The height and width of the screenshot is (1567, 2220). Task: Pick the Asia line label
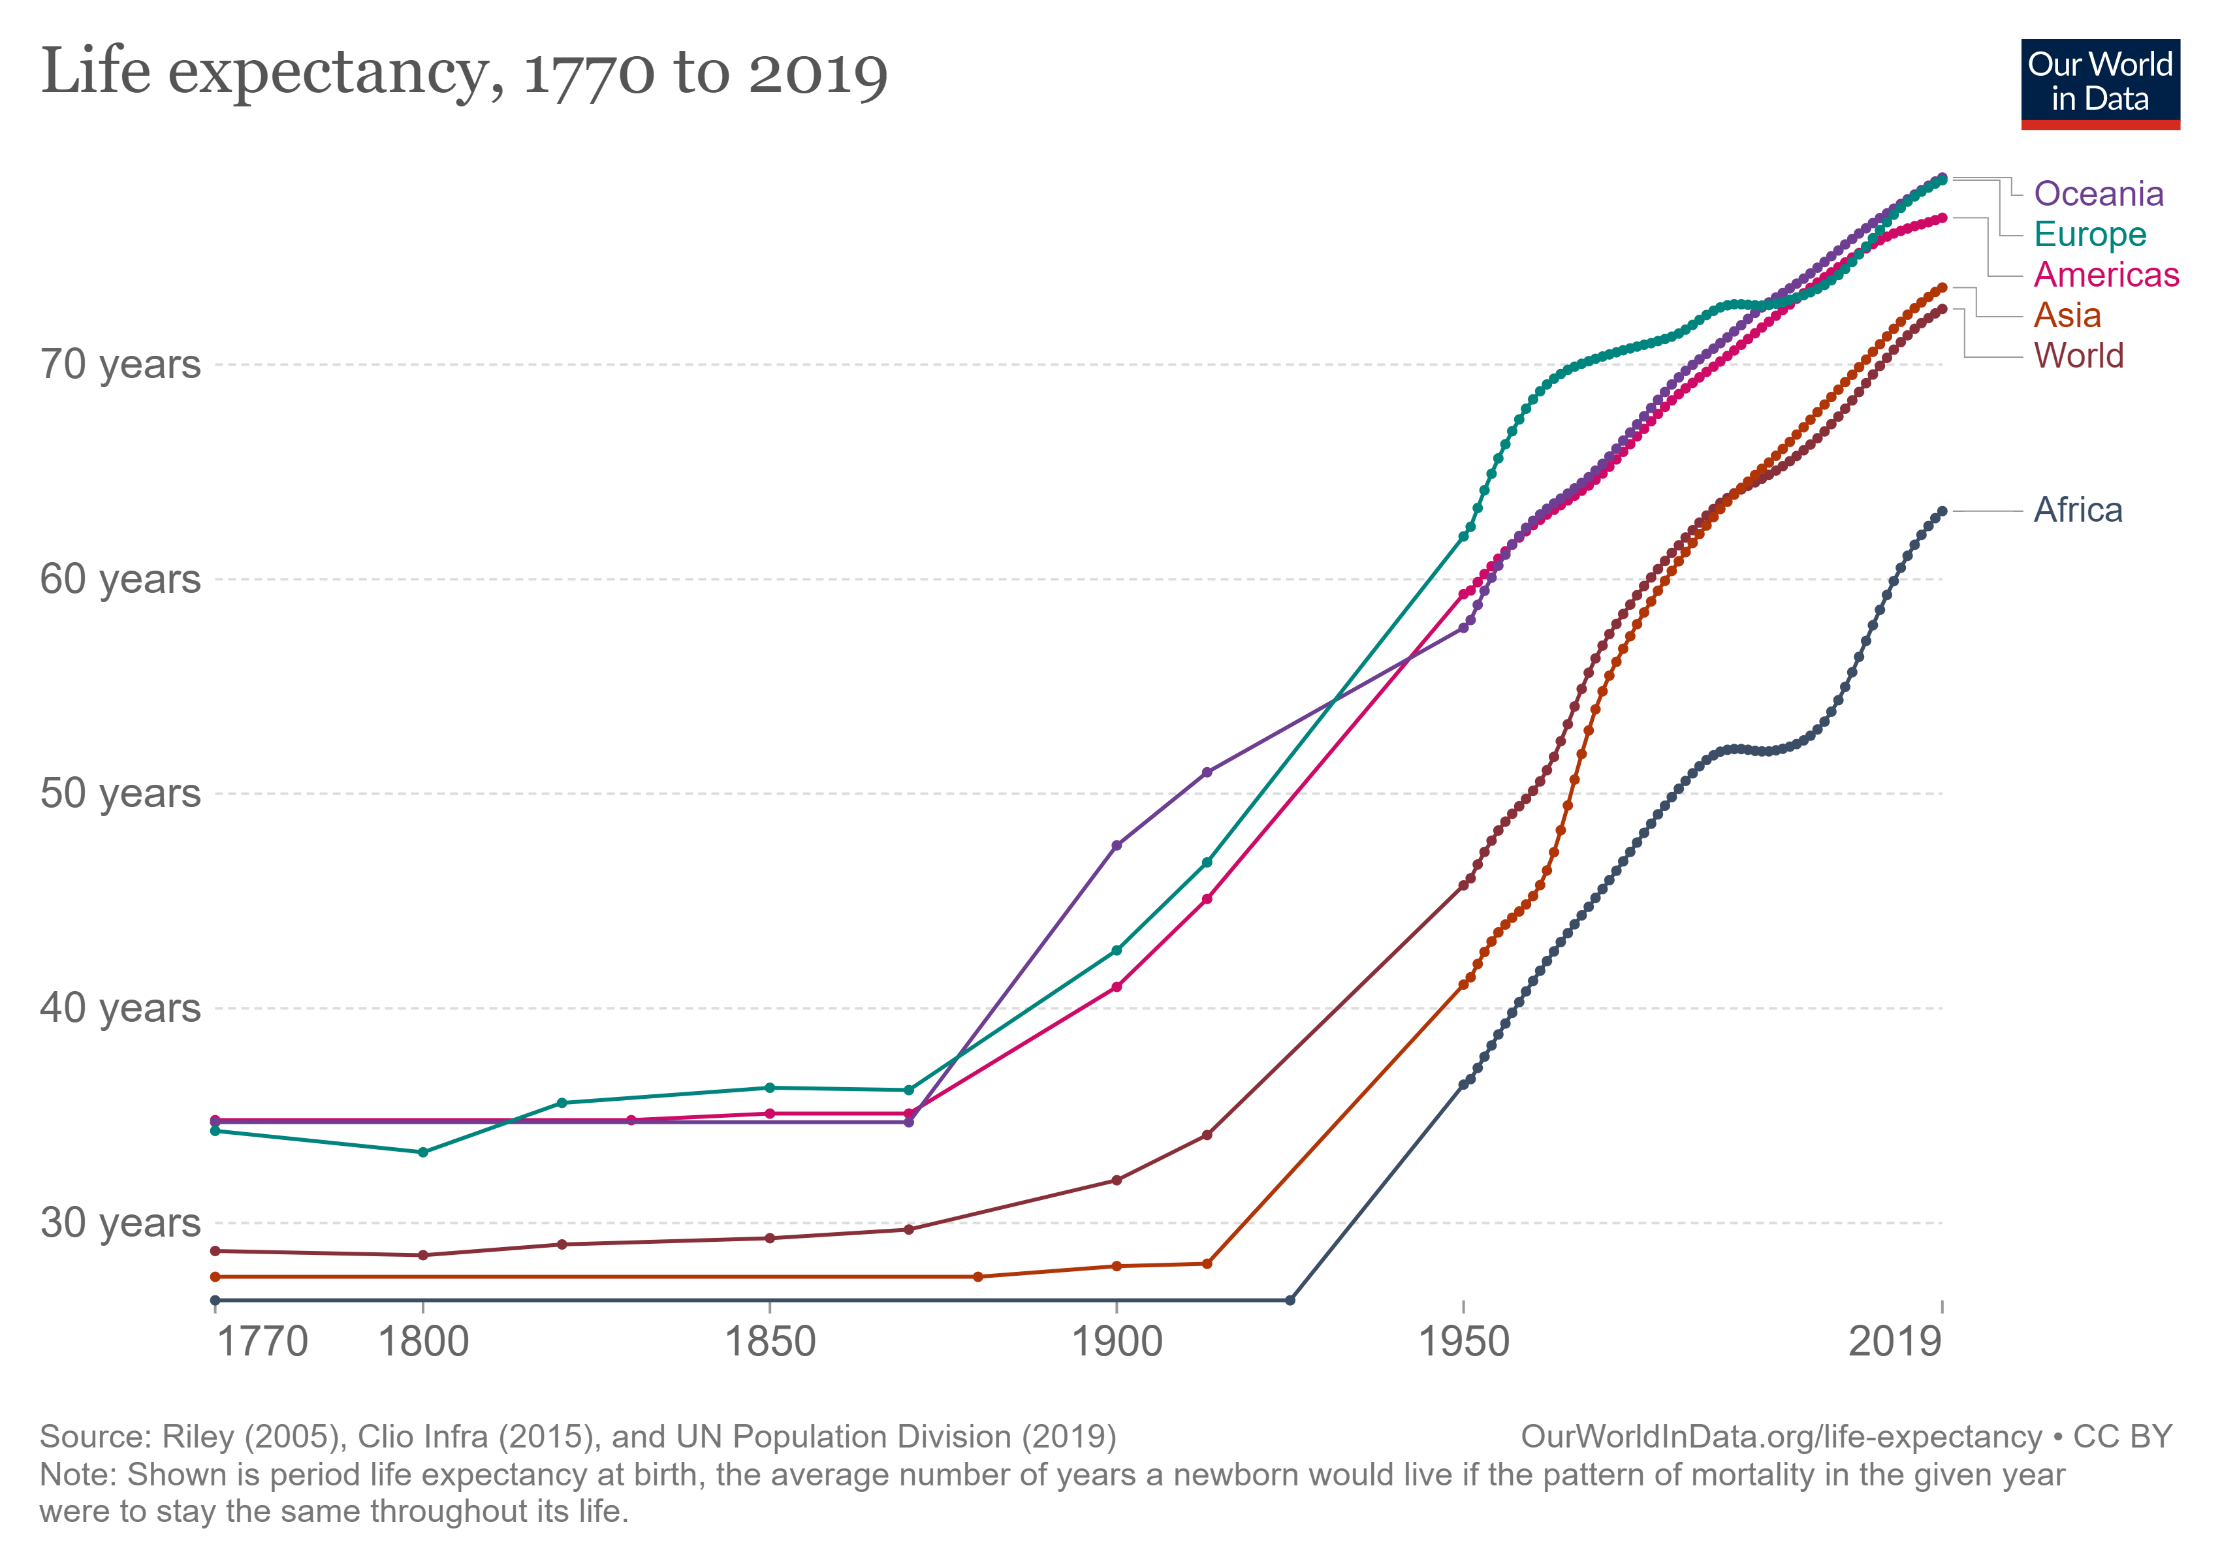(x=2067, y=315)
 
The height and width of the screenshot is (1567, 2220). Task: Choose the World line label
(x=2079, y=356)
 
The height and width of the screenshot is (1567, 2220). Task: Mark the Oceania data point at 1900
(x=1117, y=845)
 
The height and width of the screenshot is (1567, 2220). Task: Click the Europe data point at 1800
(x=422, y=1152)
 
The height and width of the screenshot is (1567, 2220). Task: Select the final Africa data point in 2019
(x=1942, y=511)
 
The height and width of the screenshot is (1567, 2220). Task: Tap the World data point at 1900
(x=1117, y=1180)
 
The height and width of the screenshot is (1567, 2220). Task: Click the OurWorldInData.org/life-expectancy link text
(x=1781, y=1436)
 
